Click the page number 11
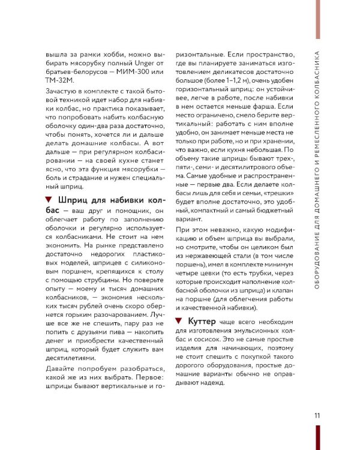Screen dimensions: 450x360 tap(317, 415)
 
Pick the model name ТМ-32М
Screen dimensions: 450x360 tap(59, 81)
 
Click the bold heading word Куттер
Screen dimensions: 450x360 tap(203, 322)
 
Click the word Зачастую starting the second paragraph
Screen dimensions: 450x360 tap(62, 91)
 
